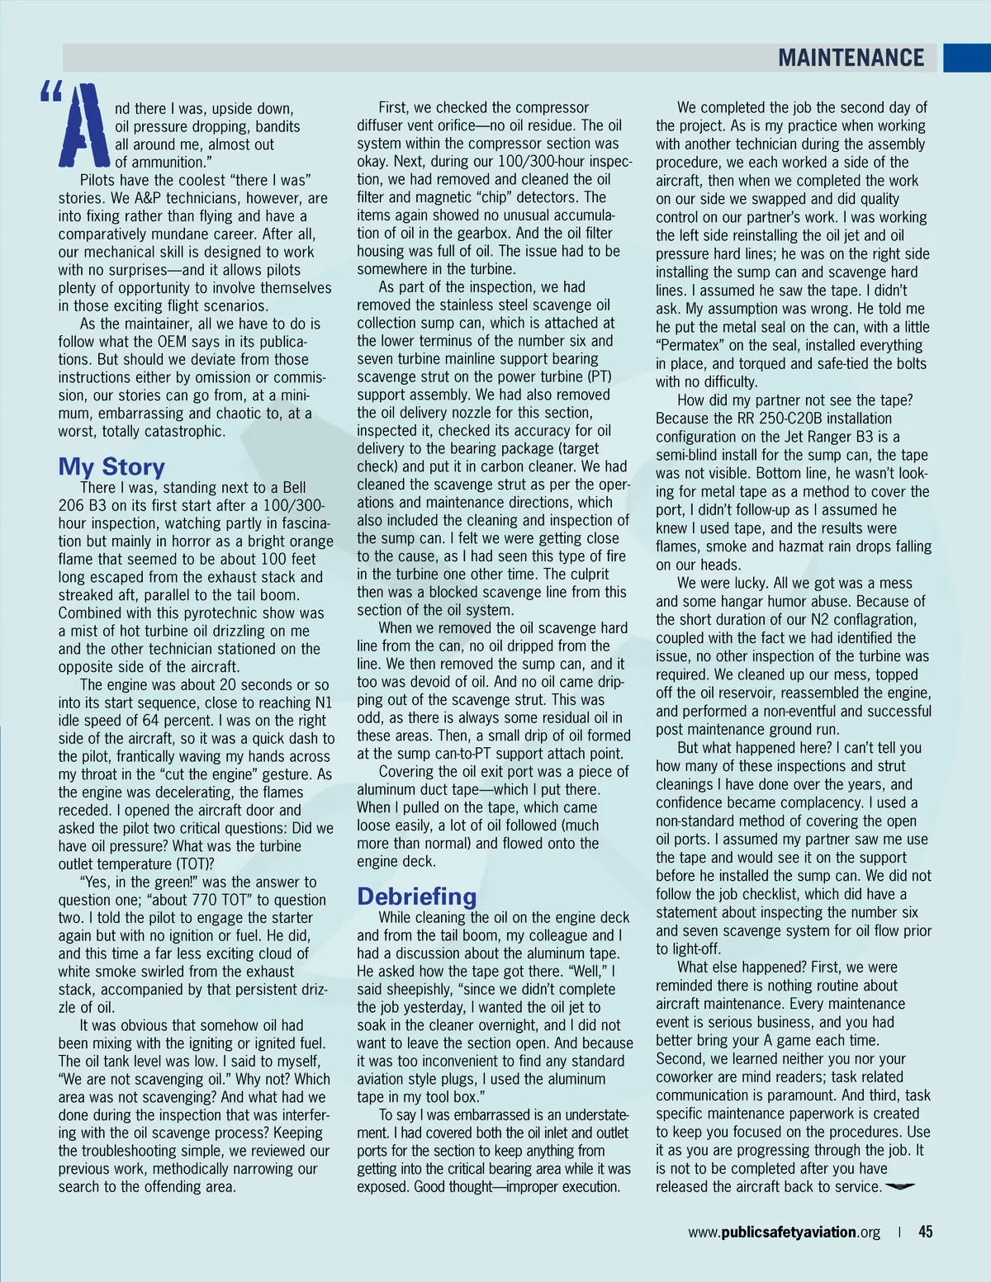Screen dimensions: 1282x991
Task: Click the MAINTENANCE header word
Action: point(851,58)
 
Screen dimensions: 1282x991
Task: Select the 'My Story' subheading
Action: point(111,466)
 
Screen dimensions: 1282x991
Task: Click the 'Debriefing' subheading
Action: point(416,896)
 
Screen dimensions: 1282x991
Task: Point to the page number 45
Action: point(926,1232)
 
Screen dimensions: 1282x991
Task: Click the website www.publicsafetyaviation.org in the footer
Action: point(784,1232)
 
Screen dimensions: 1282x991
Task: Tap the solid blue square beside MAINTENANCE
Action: point(966,58)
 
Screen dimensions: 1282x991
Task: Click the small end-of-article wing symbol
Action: point(900,1187)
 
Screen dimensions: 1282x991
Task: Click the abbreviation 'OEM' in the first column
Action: point(172,342)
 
